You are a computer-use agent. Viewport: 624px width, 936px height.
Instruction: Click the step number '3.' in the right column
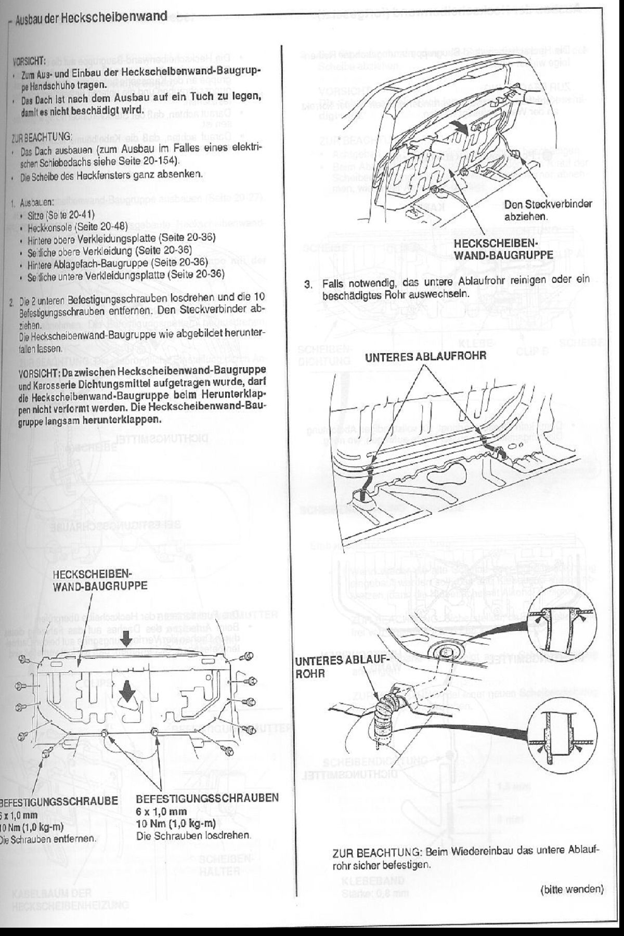[x=308, y=284]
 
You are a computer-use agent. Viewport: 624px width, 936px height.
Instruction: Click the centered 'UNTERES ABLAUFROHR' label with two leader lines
[x=425, y=356]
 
